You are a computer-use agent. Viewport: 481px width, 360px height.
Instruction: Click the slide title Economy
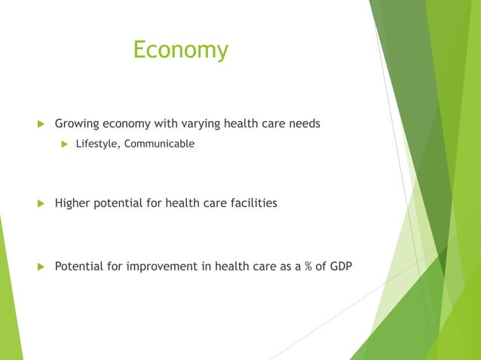(x=180, y=50)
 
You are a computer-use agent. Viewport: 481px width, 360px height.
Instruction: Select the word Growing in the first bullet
(x=77, y=124)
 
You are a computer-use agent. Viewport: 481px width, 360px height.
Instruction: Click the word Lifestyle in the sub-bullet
(x=96, y=143)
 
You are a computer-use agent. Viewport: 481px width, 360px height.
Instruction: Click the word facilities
(x=252, y=203)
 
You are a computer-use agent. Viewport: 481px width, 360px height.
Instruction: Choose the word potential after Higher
(x=118, y=203)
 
